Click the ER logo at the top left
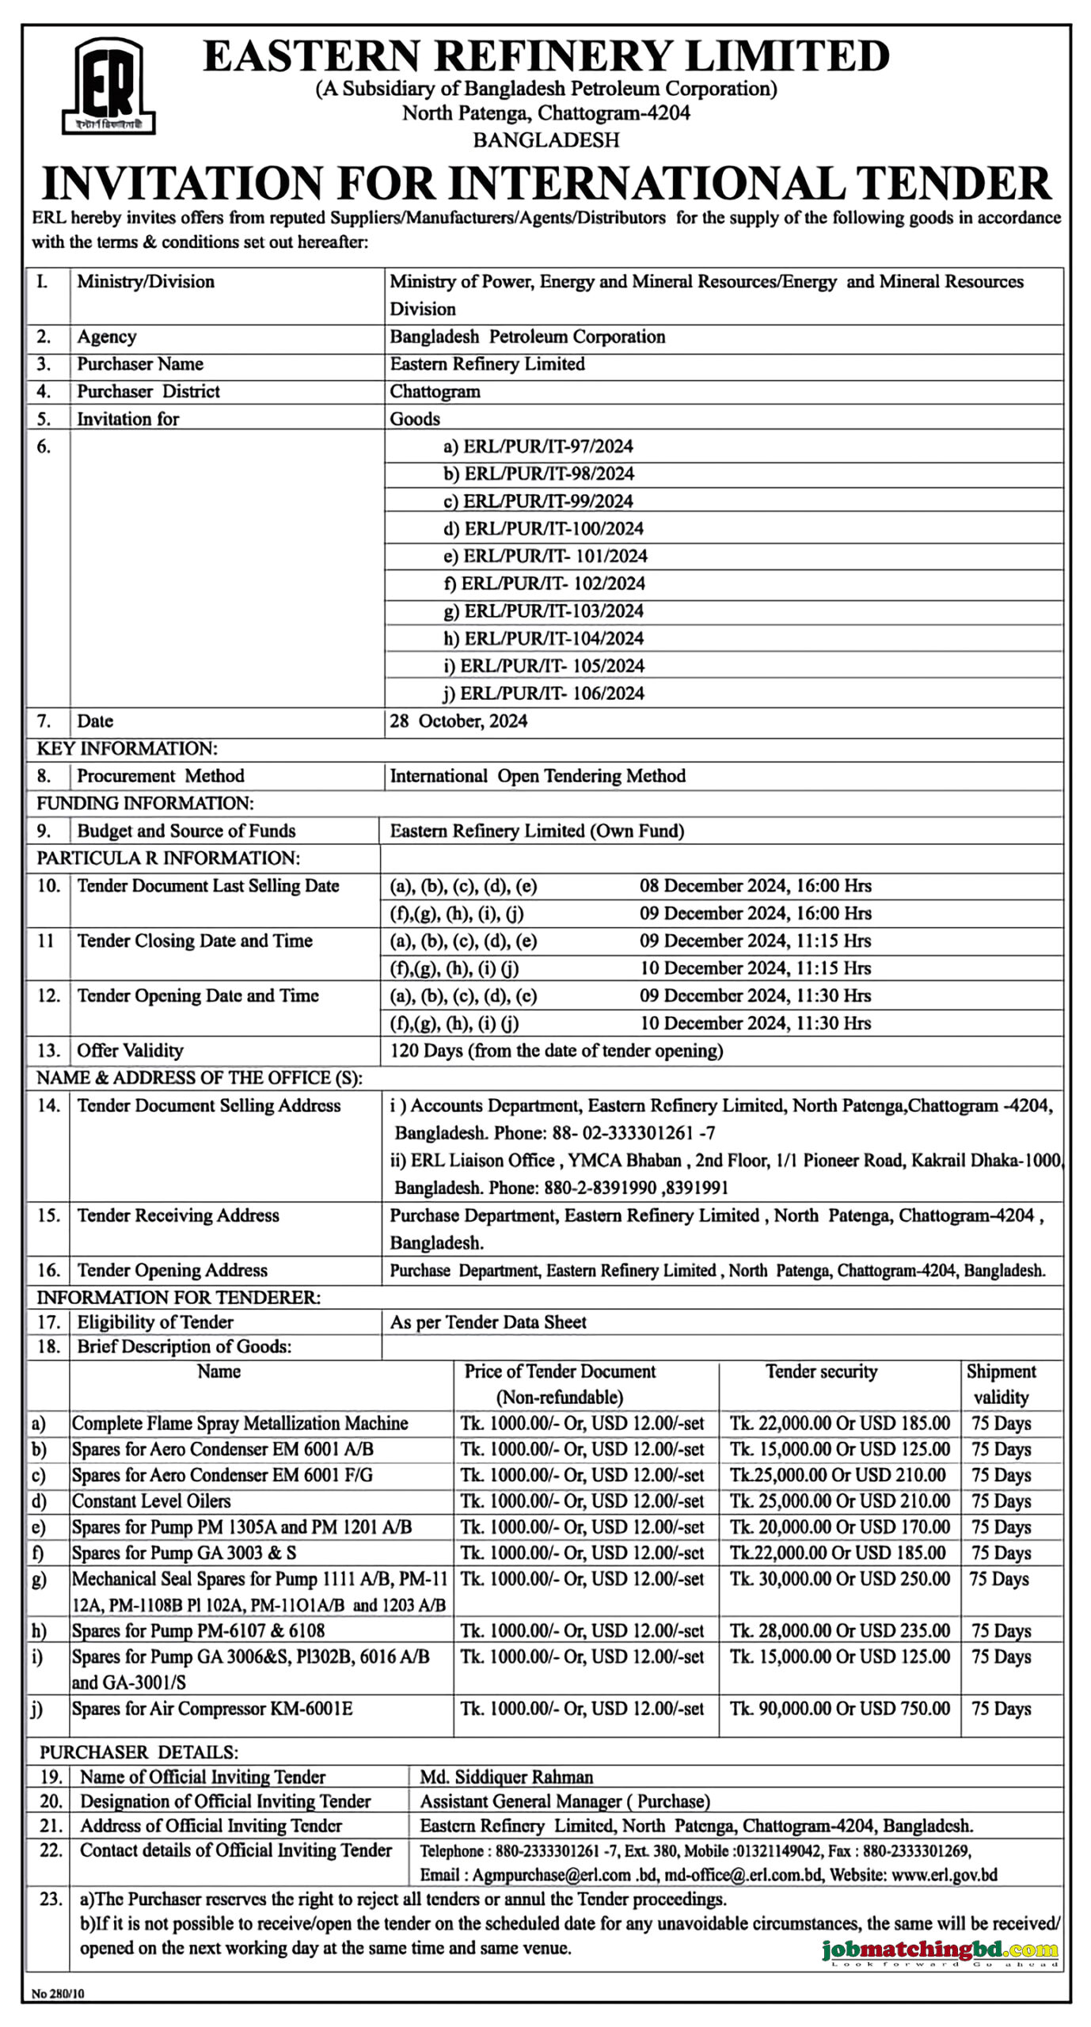click(x=108, y=86)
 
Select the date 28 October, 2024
click(x=458, y=721)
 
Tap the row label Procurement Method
click(x=160, y=776)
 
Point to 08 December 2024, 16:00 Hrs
click(x=755, y=886)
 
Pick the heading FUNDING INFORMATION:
click(x=145, y=804)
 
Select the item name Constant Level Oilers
click(x=151, y=1501)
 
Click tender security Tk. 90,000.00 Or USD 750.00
click(x=839, y=1709)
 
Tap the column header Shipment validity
click(x=1001, y=1384)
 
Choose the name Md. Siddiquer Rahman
click(x=506, y=1778)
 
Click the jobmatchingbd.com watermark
click(x=939, y=1950)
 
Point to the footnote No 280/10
click(x=58, y=1994)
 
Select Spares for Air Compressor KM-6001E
click(x=212, y=1709)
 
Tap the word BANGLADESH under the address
click(x=546, y=140)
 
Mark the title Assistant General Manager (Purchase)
click(x=565, y=1801)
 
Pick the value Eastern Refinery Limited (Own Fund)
click(x=537, y=831)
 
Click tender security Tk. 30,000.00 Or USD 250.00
click(x=839, y=1579)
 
